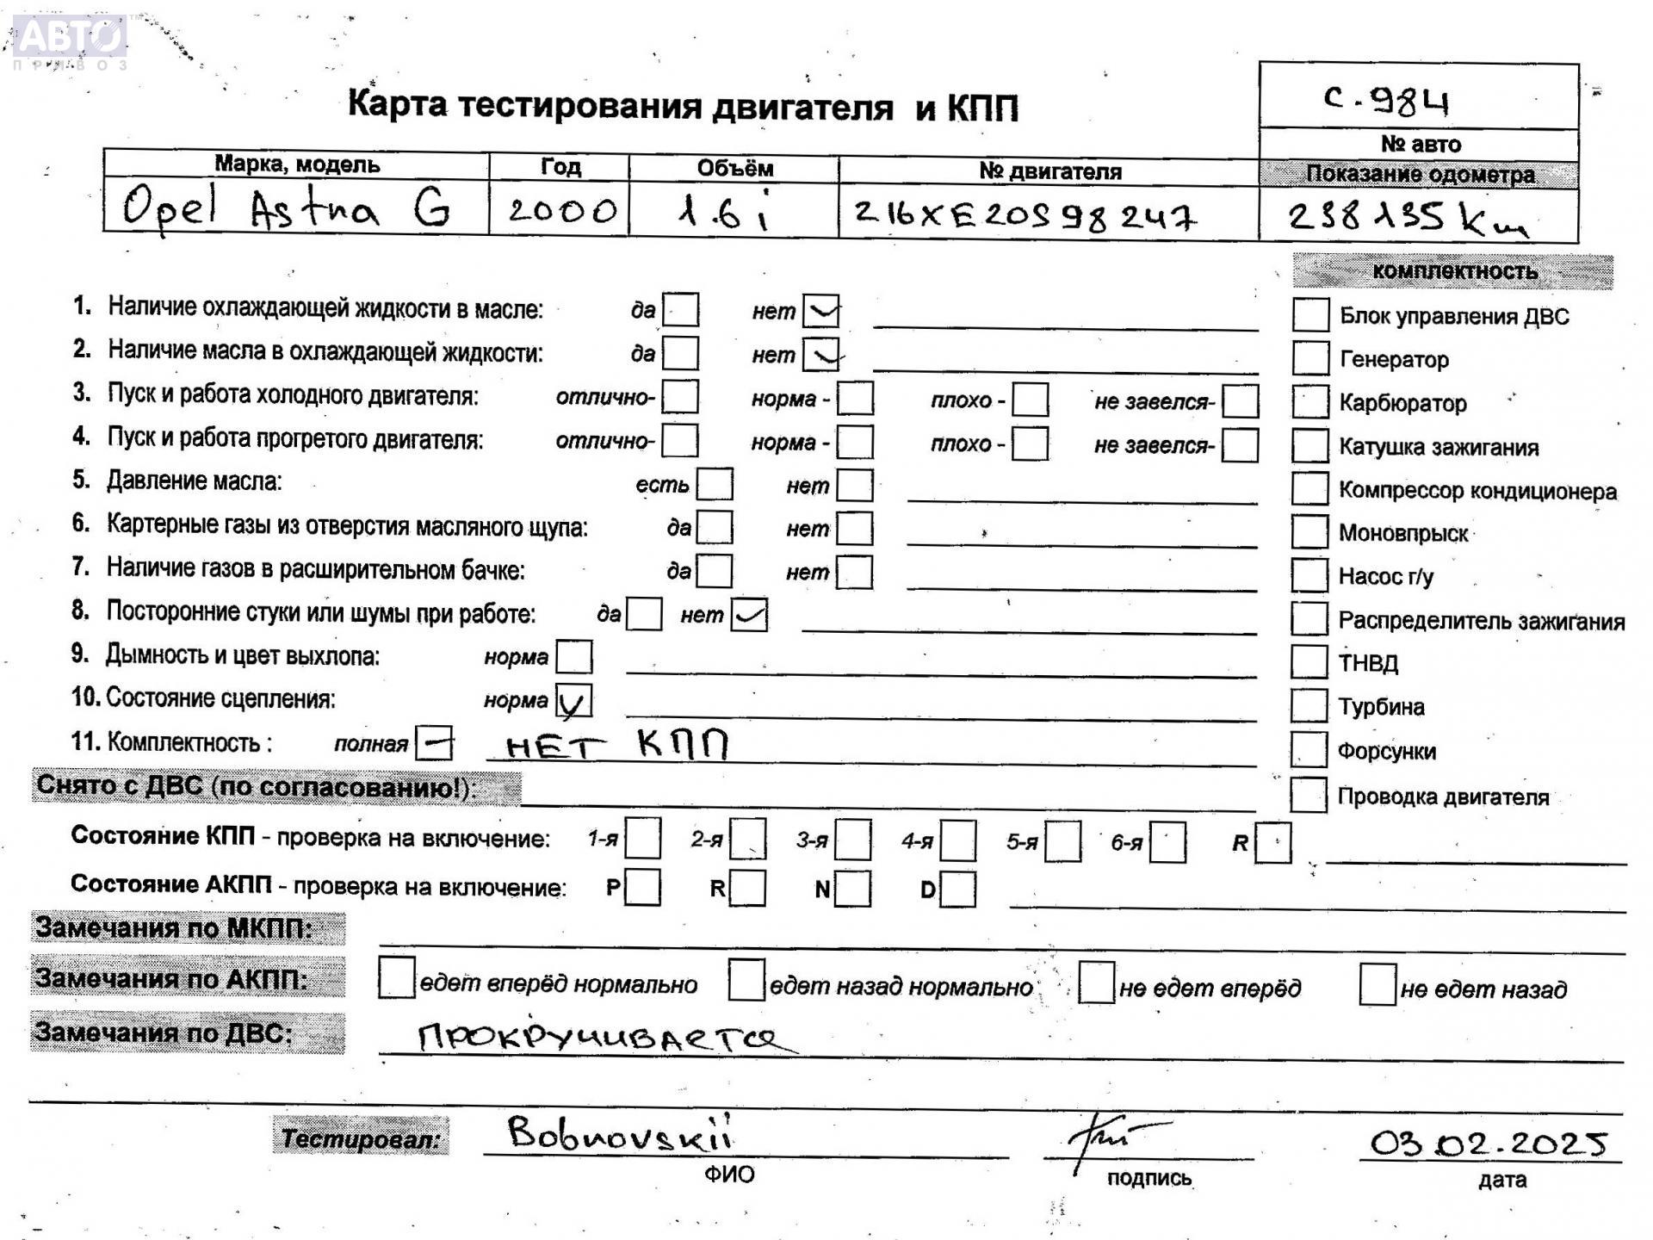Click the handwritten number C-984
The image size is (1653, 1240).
pyautogui.click(x=1387, y=102)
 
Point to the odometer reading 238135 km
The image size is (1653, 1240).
pyautogui.click(x=1407, y=219)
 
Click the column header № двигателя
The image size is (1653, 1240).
pyautogui.click(x=1049, y=171)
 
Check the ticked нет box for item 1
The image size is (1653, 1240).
pyautogui.click(x=820, y=311)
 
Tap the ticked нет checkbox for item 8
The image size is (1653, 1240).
pyautogui.click(x=749, y=615)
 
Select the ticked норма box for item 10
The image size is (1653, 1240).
pyautogui.click(x=573, y=701)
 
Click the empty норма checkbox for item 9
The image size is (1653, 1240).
pyautogui.click(x=573, y=657)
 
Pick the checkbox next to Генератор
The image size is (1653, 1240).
pyautogui.click(x=1310, y=358)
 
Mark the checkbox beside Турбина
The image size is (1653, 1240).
pyautogui.click(x=1309, y=706)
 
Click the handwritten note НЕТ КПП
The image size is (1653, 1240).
pyautogui.click(x=616, y=745)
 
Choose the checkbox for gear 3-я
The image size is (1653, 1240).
pyautogui.click(x=852, y=840)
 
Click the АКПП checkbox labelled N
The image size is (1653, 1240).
pyautogui.click(x=852, y=889)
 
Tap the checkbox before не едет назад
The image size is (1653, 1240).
pyautogui.click(x=1377, y=985)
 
